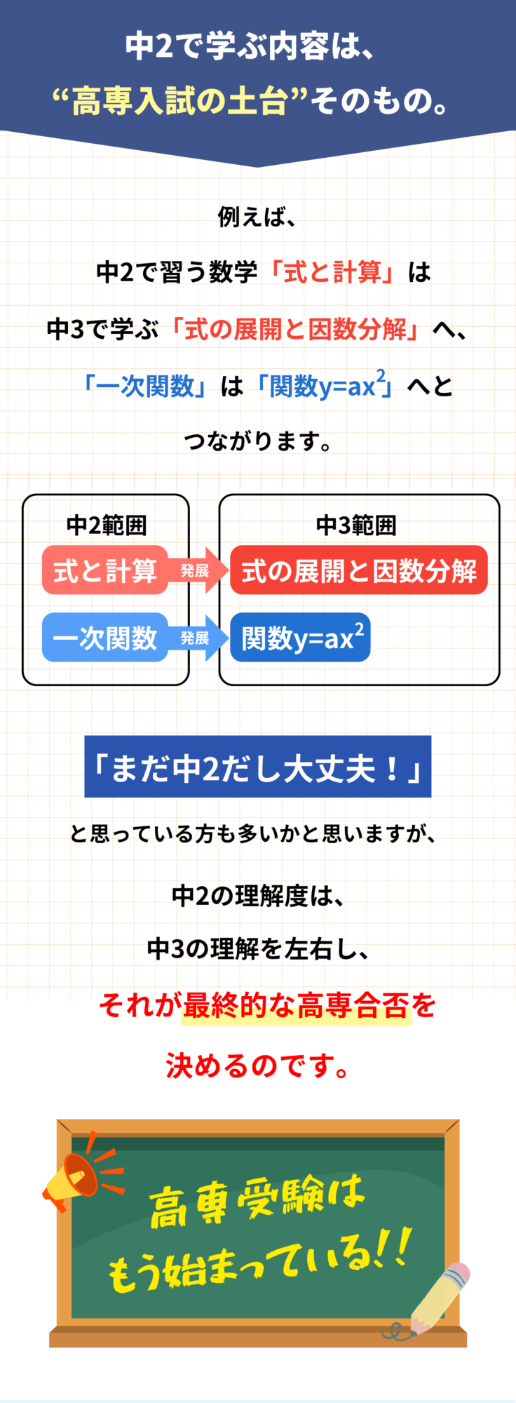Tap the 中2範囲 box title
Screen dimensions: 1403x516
tap(107, 525)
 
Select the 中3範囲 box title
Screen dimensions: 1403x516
tap(356, 525)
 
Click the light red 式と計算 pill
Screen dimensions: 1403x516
tap(105, 570)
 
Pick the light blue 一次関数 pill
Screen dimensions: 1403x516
tap(105, 638)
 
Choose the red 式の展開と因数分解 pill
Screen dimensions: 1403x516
tap(359, 570)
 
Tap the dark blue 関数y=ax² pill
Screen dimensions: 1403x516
tap(301, 638)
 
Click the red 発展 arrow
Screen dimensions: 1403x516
tap(198, 570)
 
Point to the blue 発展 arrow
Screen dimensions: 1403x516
tap(198, 638)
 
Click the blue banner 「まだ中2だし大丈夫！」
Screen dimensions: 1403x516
tap(258, 767)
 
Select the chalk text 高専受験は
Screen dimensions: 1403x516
tap(257, 1200)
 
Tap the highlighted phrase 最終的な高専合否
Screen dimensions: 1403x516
tap(295, 1006)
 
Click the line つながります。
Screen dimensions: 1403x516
tap(258, 441)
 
